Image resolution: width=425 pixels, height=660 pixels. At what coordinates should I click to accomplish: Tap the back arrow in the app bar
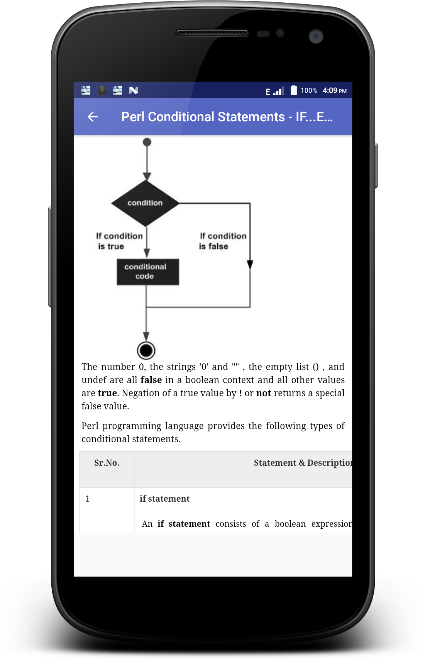pyautogui.click(x=93, y=117)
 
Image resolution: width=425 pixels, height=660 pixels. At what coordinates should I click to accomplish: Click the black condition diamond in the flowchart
pyautogui.click(x=145, y=203)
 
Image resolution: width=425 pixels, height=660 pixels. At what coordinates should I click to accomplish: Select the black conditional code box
pyautogui.click(x=147, y=272)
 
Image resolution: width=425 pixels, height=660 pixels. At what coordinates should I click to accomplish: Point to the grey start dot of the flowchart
pyautogui.click(x=147, y=142)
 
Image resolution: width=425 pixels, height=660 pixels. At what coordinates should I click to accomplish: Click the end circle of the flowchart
pyautogui.click(x=146, y=351)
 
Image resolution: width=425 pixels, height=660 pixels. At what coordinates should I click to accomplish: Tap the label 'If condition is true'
pyautogui.click(x=119, y=241)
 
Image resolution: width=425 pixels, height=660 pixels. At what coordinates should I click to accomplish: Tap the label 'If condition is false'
pyautogui.click(x=222, y=241)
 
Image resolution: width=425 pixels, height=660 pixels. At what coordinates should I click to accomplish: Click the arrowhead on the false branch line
pyautogui.click(x=250, y=265)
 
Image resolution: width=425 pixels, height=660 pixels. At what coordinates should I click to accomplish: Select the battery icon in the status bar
pyautogui.click(x=294, y=90)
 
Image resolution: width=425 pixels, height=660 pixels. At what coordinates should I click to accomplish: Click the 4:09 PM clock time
pyautogui.click(x=334, y=91)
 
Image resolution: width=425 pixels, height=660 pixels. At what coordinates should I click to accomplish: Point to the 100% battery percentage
pyautogui.click(x=309, y=91)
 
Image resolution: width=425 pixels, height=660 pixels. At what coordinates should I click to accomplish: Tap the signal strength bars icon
pyautogui.click(x=279, y=91)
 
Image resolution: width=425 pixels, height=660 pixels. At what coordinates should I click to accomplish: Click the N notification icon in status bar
pyautogui.click(x=133, y=90)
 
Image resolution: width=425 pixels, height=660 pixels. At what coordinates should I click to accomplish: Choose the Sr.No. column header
pyautogui.click(x=107, y=463)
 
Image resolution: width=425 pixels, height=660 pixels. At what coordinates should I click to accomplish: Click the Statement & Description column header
pyautogui.click(x=303, y=463)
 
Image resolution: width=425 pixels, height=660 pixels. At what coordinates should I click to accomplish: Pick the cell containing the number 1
pyautogui.click(x=88, y=499)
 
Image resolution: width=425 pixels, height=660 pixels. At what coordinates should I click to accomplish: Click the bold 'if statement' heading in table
pyautogui.click(x=164, y=499)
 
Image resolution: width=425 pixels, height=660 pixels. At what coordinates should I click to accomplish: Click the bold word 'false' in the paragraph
pyautogui.click(x=151, y=380)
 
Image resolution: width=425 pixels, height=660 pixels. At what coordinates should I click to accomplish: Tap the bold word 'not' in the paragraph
pyautogui.click(x=264, y=393)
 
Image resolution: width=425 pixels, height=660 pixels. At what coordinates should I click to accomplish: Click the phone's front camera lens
pyautogui.click(x=316, y=36)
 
